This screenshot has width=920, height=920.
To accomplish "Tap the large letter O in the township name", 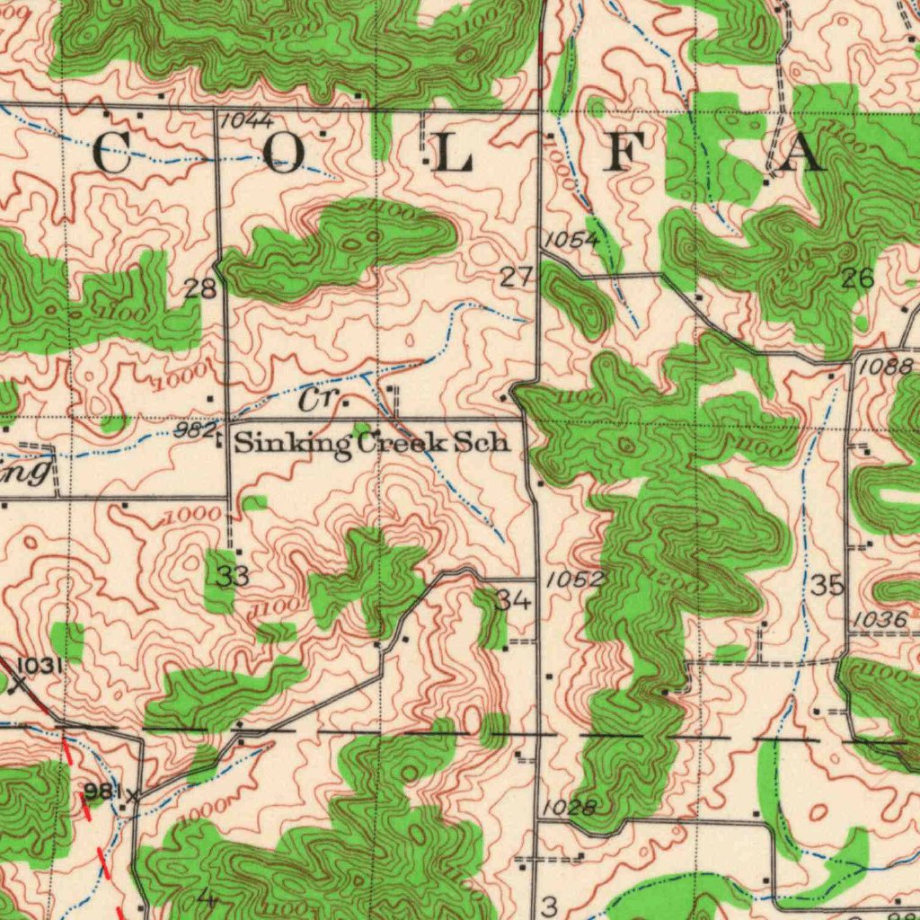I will tap(285, 155).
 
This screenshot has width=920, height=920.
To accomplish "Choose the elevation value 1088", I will tap(885, 367).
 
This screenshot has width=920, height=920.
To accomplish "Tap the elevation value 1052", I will tap(575, 579).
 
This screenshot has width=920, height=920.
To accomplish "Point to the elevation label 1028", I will tap(570, 807).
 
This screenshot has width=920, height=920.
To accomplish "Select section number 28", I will tap(200, 288).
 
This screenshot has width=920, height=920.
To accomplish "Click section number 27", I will tap(516, 278).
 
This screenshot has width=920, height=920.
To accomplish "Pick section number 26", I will tap(858, 279).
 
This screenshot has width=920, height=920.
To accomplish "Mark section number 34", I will tap(515, 600).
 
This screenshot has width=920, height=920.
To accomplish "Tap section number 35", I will tap(827, 586).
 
